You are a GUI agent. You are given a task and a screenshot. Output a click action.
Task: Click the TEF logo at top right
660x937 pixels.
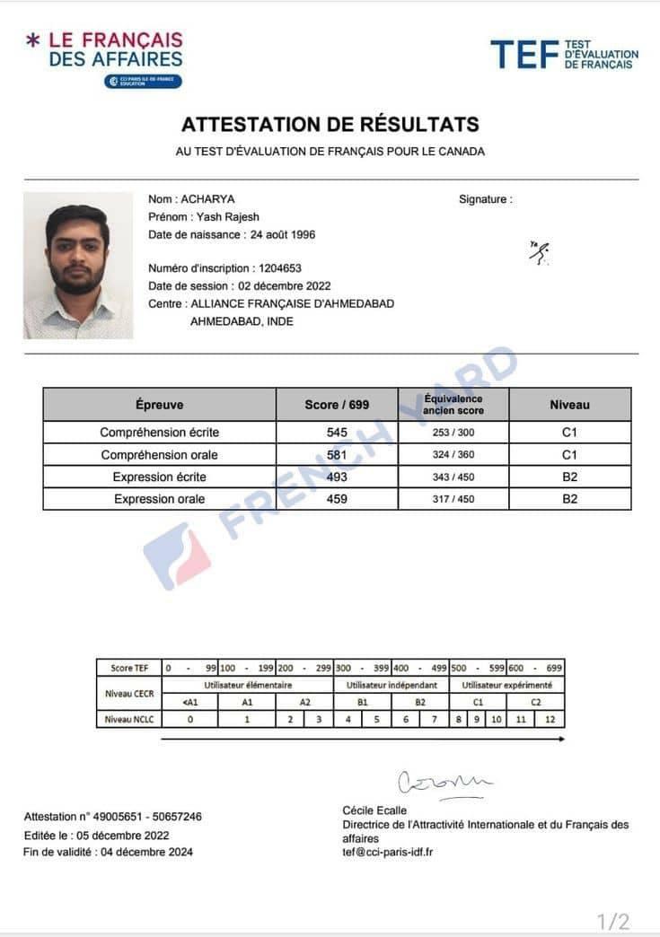564,54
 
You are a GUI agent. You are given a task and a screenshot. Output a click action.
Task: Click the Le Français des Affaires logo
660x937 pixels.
104,57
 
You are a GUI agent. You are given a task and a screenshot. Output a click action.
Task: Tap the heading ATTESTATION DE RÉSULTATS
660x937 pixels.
330,125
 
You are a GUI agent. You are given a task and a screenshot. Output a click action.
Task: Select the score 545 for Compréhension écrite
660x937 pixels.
337,433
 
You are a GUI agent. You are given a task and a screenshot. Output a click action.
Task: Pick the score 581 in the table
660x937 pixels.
337,455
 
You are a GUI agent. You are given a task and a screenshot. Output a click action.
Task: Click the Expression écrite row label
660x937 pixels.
159,477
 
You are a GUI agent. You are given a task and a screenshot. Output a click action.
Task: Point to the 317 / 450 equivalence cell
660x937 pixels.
453,499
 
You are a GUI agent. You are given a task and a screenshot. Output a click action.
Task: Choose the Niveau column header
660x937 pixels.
569,405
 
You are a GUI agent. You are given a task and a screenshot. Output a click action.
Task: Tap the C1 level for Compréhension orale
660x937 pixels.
569,455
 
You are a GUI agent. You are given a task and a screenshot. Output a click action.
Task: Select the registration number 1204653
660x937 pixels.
280,268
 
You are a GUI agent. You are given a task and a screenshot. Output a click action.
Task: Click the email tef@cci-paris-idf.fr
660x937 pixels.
388,851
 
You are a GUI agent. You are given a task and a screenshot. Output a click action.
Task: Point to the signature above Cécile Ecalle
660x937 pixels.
444,784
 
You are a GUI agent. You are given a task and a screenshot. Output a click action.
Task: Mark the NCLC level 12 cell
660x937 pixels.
550,719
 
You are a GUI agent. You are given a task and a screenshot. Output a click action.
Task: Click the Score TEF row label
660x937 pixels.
128,668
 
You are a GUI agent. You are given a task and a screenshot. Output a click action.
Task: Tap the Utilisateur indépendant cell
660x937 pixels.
391,685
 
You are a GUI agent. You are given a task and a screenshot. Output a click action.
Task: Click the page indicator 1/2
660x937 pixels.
613,922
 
